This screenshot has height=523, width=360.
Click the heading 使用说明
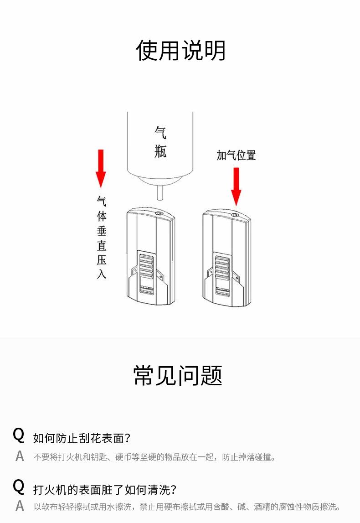point(180,51)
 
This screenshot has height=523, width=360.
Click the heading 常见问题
point(178,375)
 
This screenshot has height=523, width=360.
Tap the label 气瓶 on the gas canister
point(160,141)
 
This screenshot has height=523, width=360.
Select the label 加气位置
point(236,155)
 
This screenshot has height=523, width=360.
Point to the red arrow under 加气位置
point(236,186)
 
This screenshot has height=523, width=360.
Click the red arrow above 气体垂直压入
point(101,168)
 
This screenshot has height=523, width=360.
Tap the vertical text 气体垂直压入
point(101,237)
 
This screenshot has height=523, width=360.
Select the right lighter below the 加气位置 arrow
point(227,258)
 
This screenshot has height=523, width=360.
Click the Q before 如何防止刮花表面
point(19,435)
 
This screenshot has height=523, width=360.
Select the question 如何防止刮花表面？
point(82,439)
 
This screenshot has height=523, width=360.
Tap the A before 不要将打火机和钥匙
point(19,456)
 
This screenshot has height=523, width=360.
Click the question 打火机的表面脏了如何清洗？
point(105,490)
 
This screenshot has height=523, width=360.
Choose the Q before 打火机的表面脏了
point(19,487)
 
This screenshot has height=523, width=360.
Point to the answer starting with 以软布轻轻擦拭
point(187,507)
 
